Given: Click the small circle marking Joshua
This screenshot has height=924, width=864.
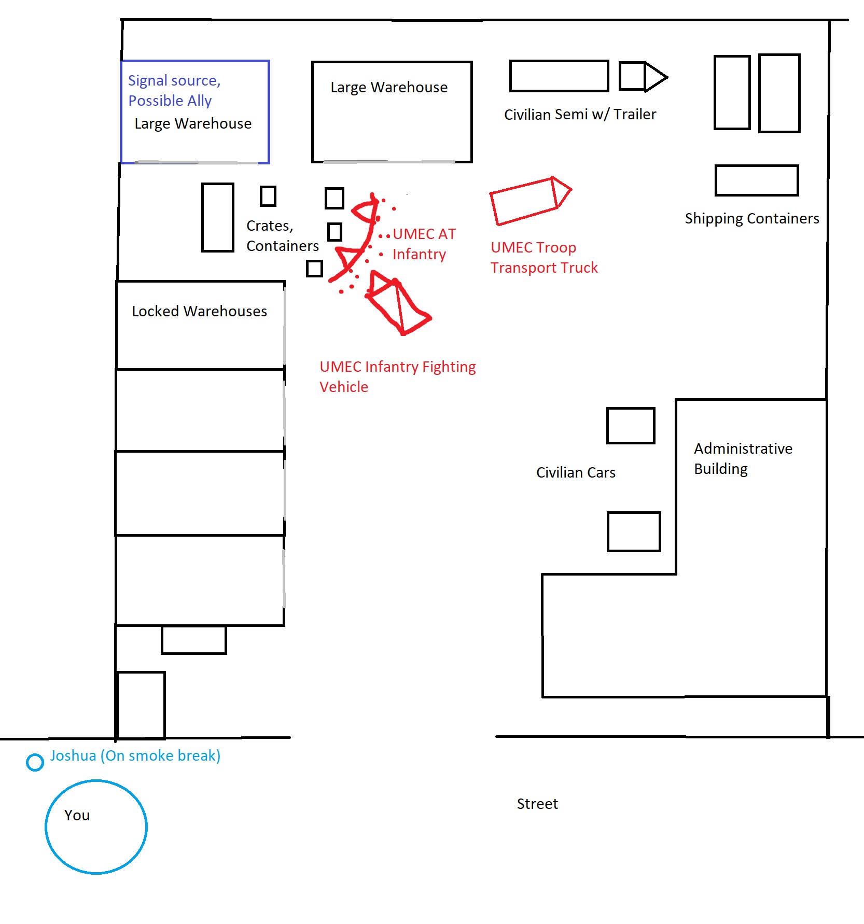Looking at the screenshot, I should point(35,762).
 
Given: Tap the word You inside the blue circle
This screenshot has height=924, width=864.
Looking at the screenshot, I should point(77,816).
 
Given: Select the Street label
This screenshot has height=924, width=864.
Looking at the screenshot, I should point(537,804).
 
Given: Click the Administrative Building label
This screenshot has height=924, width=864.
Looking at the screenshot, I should point(743,458).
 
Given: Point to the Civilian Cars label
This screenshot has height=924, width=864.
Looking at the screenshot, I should point(576,472).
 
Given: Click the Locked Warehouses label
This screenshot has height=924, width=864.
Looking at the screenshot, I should point(199,311).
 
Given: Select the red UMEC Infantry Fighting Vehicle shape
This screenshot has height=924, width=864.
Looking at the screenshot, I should point(397,303).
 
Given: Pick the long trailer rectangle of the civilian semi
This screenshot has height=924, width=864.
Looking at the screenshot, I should point(559,76).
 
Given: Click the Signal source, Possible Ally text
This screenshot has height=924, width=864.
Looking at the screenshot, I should point(174,90).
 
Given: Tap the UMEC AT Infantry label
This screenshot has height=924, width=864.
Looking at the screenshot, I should point(424,244).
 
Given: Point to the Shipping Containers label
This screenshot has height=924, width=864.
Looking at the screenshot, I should point(751,218).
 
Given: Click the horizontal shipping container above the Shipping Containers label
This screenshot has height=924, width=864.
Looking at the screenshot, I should point(756,180).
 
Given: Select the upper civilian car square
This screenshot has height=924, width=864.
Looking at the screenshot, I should point(631,426).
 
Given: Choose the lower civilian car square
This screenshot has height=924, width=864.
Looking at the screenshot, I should point(634,531).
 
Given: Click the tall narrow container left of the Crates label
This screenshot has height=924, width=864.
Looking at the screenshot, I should point(218,217).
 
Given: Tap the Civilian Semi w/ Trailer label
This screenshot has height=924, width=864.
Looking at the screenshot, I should point(580,114).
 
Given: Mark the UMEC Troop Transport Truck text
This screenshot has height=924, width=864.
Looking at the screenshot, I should point(544,257).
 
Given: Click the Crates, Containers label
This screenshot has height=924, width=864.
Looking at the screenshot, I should point(282,235).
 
